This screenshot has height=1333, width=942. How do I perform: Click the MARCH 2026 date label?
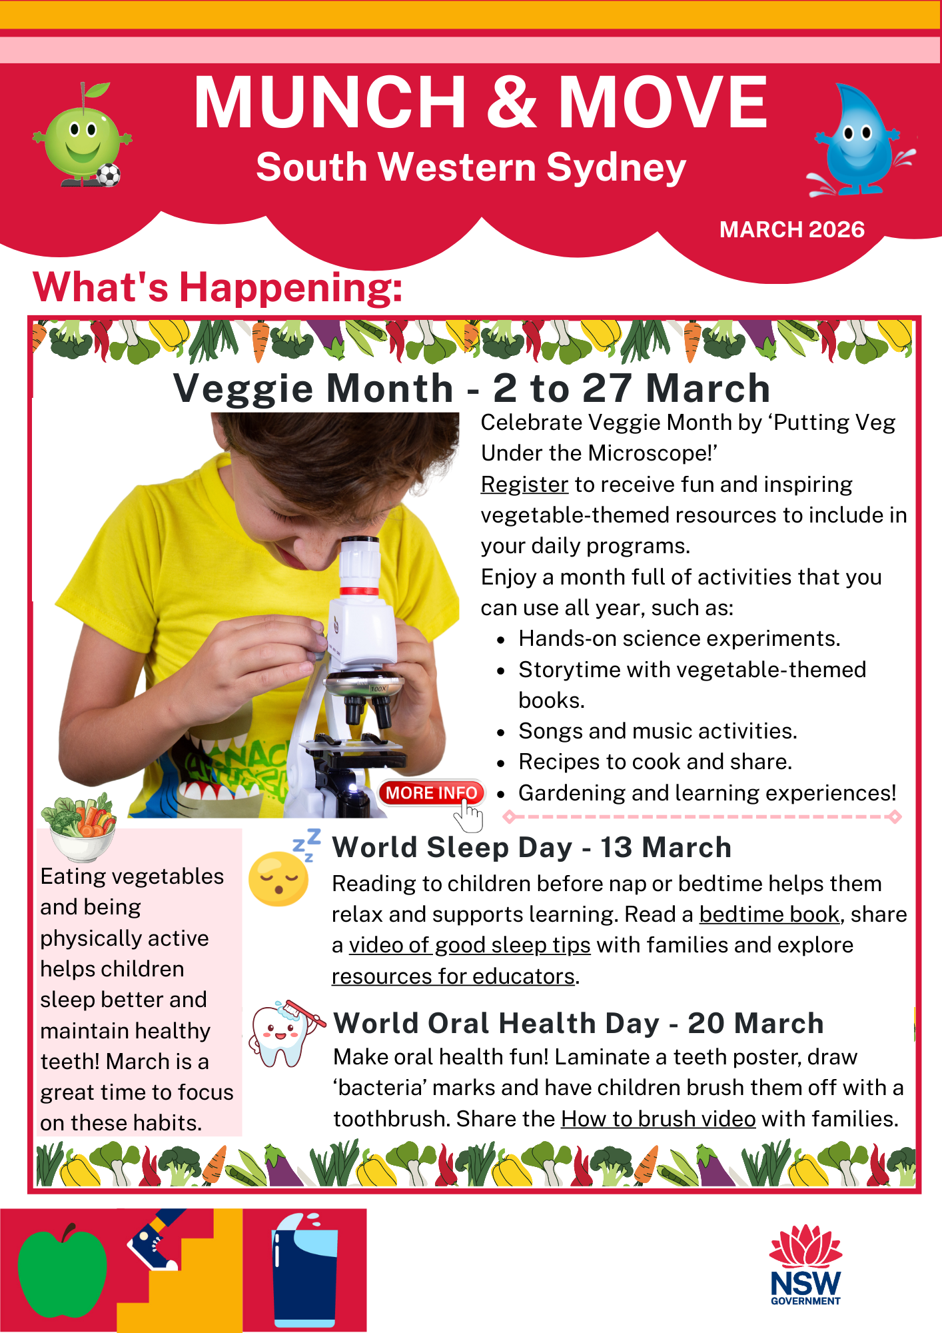click(791, 229)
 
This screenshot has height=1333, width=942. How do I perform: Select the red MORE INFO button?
click(431, 792)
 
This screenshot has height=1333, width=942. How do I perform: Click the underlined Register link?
click(524, 485)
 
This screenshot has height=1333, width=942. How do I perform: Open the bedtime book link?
click(769, 914)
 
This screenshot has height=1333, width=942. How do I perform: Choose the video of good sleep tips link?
click(470, 945)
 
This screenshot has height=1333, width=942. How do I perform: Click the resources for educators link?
click(453, 976)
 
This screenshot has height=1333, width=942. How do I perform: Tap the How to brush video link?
click(658, 1118)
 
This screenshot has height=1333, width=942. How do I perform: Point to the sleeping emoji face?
click(278, 878)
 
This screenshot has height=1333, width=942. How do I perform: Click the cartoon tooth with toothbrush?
click(284, 1035)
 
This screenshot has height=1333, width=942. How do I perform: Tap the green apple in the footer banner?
click(62, 1272)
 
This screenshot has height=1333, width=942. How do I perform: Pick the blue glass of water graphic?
click(305, 1273)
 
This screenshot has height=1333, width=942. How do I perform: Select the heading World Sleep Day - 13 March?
click(532, 848)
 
